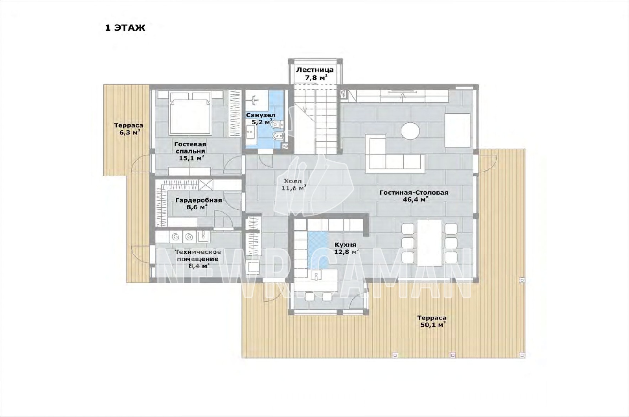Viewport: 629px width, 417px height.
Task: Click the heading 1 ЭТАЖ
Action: (x=125, y=28)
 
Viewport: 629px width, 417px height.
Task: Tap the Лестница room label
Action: (x=315, y=70)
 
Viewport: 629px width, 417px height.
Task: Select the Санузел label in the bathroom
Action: (x=261, y=115)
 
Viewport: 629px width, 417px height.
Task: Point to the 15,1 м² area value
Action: (x=191, y=158)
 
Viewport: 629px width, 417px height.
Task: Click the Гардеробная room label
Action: (x=199, y=200)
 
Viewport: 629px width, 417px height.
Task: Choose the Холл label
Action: (x=292, y=181)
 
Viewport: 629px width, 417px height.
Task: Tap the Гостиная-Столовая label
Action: (x=414, y=193)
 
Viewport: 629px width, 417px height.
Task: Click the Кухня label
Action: (x=346, y=245)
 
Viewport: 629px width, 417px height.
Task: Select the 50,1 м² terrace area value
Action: (x=433, y=325)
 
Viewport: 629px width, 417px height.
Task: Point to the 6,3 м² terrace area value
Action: (x=129, y=132)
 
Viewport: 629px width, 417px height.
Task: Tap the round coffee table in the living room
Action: (x=410, y=131)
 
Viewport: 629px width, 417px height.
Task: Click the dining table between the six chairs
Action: (x=429, y=243)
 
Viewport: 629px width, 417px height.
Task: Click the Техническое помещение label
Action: (x=197, y=255)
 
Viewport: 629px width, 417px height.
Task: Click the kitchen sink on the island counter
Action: (x=316, y=276)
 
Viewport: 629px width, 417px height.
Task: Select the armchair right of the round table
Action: (x=457, y=130)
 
